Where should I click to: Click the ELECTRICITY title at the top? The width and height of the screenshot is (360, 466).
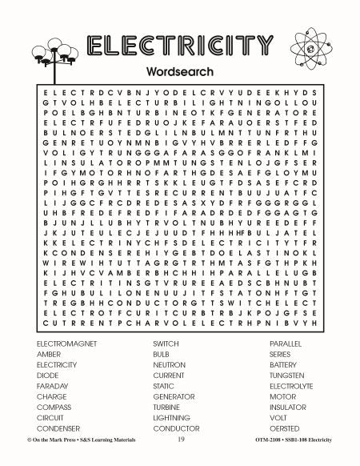point(180,46)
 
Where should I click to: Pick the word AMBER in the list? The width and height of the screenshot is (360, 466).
point(49,353)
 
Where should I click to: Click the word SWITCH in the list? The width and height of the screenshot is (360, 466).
point(166,343)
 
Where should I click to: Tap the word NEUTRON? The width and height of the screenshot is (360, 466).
point(170,364)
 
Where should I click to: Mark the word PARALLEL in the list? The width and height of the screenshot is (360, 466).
point(286,343)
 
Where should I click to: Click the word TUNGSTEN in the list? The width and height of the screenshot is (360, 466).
point(287,375)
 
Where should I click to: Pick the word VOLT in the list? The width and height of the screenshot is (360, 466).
point(278,417)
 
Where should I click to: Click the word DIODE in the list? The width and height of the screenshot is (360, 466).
point(47,375)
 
